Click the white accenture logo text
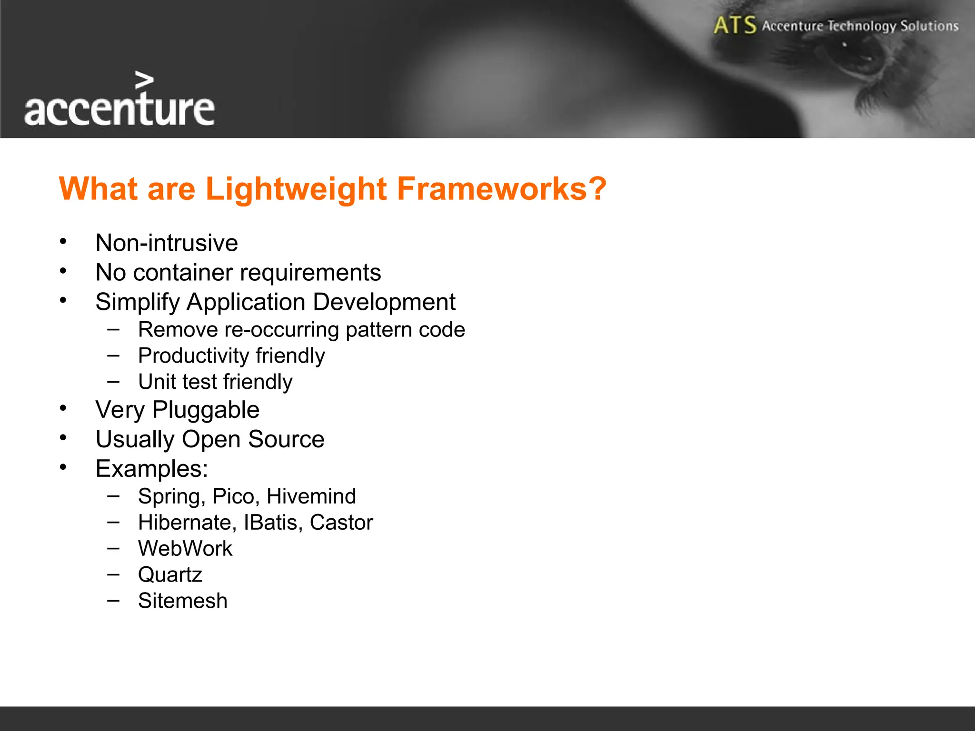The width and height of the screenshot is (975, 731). coord(119,109)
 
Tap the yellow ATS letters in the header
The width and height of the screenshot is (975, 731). coord(735,26)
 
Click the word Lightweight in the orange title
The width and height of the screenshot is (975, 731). coord(296,189)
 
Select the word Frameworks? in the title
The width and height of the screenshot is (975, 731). coord(501,189)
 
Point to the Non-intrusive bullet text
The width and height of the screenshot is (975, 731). coord(167,243)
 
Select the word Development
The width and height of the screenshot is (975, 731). coord(384,303)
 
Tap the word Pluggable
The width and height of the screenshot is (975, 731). coord(206,410)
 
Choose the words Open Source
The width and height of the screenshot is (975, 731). coord(253,439)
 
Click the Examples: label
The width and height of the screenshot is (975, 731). coord(151,469)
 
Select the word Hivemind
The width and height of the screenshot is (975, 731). coord(311,496)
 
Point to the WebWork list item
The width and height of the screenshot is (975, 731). coord(185,549)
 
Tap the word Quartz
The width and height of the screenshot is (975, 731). coord(170,575)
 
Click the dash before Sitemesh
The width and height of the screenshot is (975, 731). coord(113,601)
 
